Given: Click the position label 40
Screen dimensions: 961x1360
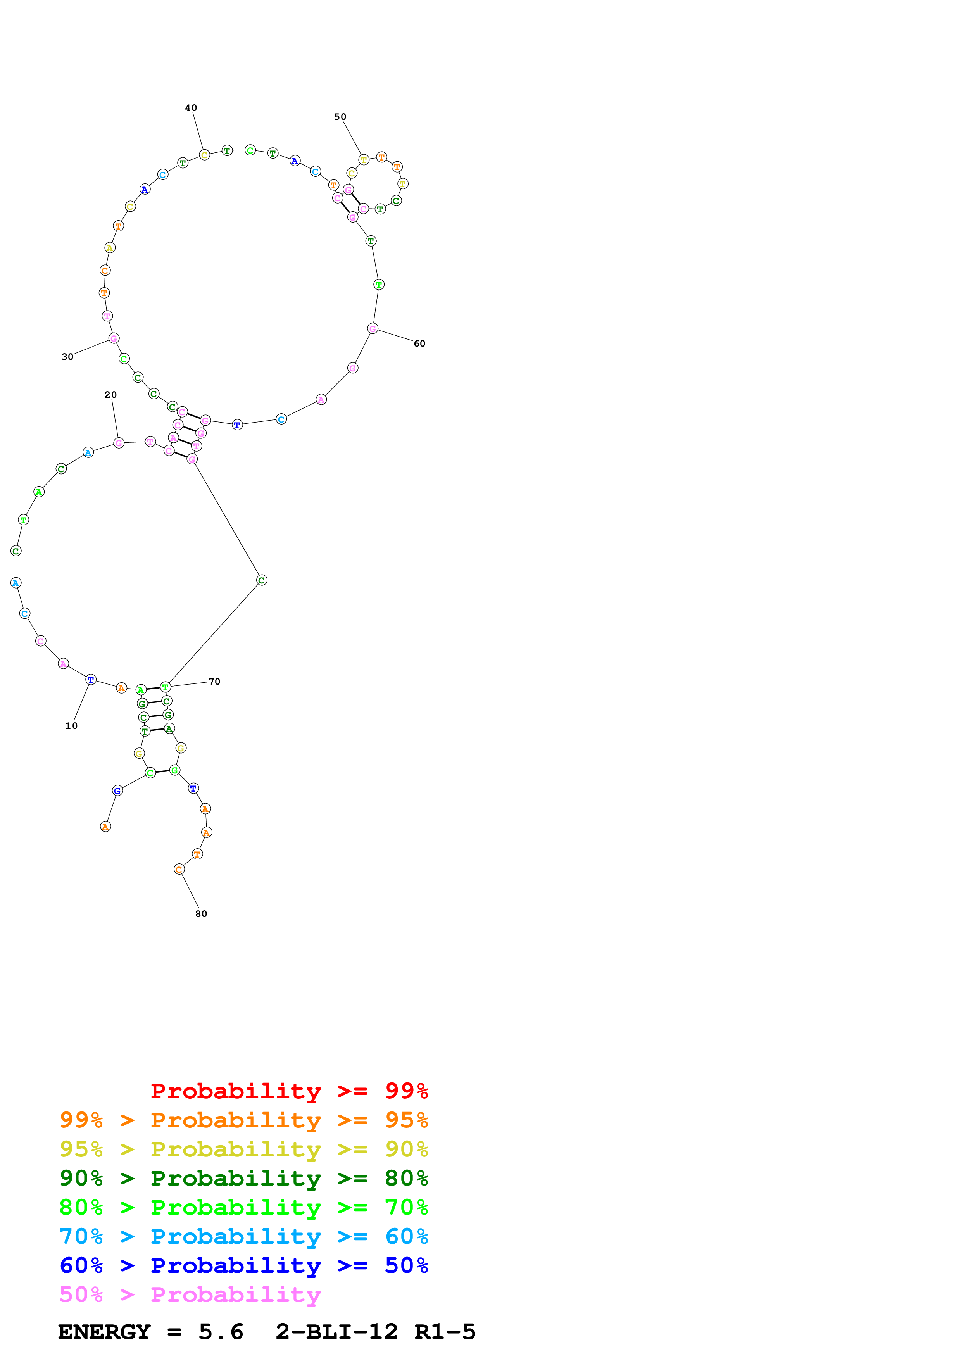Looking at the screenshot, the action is (x=191, y=108).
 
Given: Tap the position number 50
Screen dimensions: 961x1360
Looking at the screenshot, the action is (x=340, y=117).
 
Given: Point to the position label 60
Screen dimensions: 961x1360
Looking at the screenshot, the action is (x=419, y=343).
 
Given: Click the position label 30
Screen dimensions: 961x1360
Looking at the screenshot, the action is (x=67, y=357).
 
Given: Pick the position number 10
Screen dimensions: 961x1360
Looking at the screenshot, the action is (x=71, y=726).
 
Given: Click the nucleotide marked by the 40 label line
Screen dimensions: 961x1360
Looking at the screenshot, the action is (x=204, y=155).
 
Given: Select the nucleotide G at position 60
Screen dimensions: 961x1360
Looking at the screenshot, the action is (x=373, y=329).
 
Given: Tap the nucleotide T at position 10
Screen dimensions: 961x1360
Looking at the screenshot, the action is (x=91, y=679).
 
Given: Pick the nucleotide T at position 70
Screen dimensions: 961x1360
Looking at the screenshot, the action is (x=165, y=687).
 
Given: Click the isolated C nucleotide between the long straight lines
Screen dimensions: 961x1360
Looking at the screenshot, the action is (x=262, y=580).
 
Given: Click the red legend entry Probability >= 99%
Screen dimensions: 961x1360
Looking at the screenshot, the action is (x=289, y=1091).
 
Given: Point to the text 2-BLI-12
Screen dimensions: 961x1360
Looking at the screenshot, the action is (x=336, y=1332).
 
